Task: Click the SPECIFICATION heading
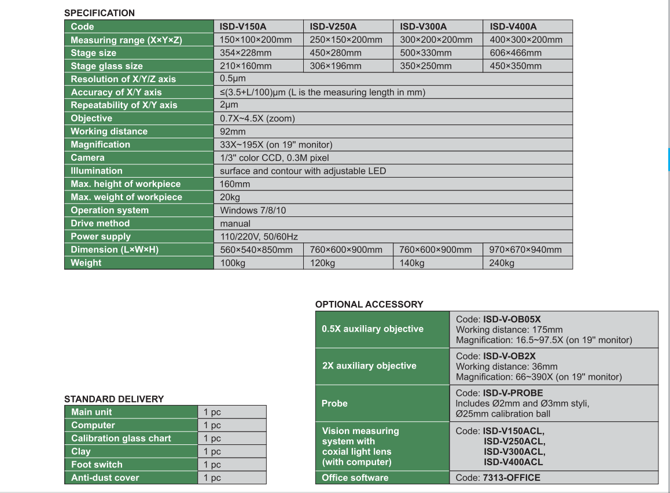(99, 13)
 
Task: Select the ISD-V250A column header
(333, 27)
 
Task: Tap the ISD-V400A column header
(513, 27)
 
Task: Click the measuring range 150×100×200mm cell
(256, 40)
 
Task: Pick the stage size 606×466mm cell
(516, 53)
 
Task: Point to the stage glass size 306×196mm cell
(336, 66)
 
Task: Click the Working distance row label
(109, 131)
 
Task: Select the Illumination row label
(97, 171)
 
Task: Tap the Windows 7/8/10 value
(253, 210)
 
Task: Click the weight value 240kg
(502, 263)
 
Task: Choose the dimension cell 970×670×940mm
(525, 249)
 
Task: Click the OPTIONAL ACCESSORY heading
(369, 304)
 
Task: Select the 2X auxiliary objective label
(369, 366)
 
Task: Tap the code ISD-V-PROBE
(513, 393)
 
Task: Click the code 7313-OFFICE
(511, 477)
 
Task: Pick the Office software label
(355, 477)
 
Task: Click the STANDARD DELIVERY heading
(114, 399)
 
